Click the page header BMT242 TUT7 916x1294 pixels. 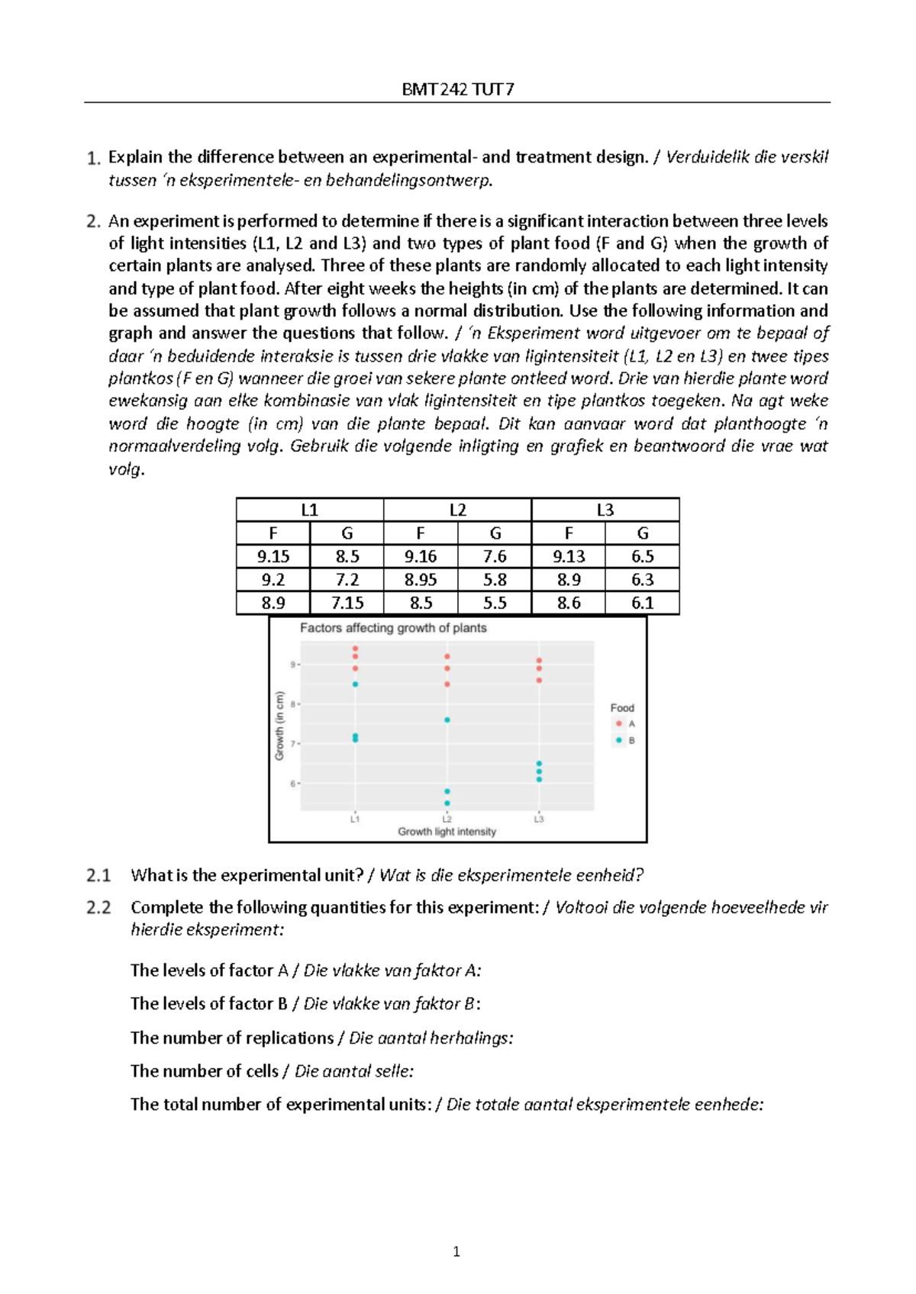[x=457, y=89]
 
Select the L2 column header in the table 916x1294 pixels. [x=457, y=510]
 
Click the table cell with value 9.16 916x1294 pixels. [x=421, y=556]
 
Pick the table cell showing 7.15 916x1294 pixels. [x=347, y=603]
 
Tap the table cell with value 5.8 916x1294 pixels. [x=495, y=580]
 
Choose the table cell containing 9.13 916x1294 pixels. [x=569, y=556]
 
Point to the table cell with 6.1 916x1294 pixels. [x=642, y=603]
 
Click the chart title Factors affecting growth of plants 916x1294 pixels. [x=393, y=628]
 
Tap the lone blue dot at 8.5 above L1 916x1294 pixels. [x=355, y=684]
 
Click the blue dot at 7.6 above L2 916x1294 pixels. [x=447, y=719]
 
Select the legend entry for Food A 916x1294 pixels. [x=625, y=723]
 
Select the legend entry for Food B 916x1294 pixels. [x=625, y=740]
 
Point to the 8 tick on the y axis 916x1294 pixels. [x=292, y=704]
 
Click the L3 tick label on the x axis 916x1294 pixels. [x=539, y=819]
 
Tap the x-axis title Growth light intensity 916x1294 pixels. [x=447, y=832]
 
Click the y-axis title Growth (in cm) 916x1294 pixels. [x=279, y=725]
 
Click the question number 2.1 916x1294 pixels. [x=98, y=875]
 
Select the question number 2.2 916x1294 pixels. [x=98, y=907]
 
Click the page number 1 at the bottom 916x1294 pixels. [x=456, y=1251]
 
